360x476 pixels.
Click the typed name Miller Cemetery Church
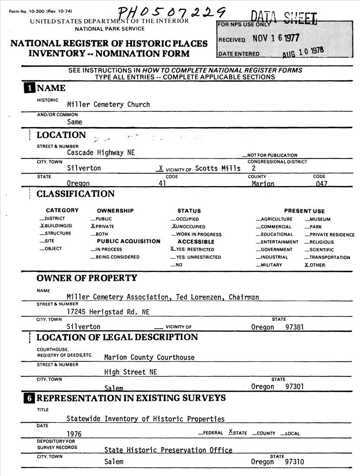108,104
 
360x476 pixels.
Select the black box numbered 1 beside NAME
30,88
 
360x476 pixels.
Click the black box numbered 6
30,398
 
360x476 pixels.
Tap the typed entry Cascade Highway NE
100,153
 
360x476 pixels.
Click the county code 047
321,184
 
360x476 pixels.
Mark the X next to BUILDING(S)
42,226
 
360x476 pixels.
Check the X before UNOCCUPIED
174,227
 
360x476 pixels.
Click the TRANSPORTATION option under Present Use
330,258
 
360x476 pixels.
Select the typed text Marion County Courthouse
149,357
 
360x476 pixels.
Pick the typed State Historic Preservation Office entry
168,450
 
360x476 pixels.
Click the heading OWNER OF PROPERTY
87,278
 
